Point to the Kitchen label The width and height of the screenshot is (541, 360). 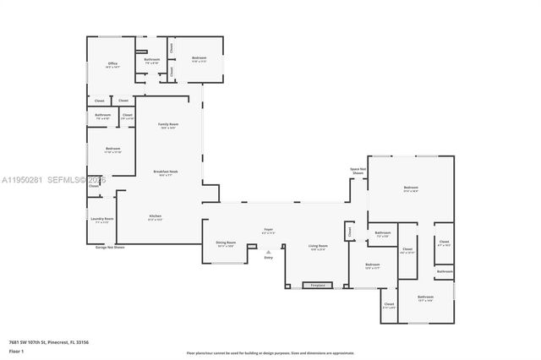coord(156,217)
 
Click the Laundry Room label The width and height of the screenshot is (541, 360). coord(102,221)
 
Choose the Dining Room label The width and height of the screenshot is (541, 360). coord(226,243)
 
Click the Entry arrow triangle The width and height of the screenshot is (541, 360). coord(268,252)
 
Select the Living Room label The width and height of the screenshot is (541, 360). coord(318,247)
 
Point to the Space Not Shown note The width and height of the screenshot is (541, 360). coord(358,171)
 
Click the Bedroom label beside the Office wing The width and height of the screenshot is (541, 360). coord(199,59)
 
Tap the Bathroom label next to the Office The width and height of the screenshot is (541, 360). coord(152,61)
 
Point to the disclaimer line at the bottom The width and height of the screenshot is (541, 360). coord(270,352)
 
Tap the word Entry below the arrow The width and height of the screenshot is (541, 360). coord(268,258)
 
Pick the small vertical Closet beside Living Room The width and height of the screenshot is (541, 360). coord(348,231)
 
